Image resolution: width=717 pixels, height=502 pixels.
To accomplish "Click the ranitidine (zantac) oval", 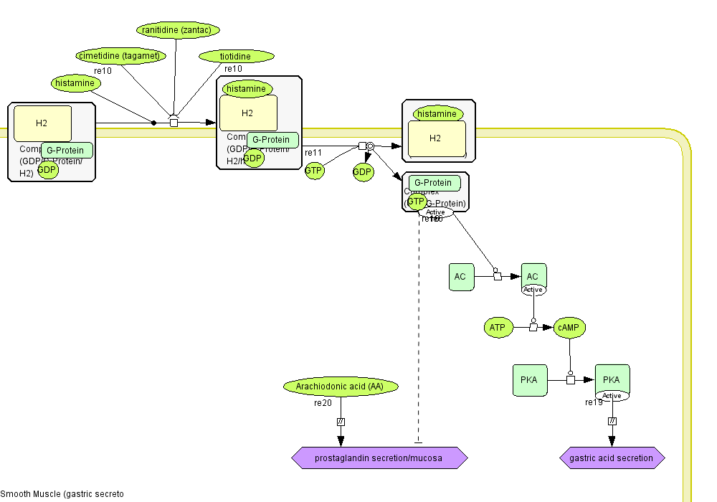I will coord(178,30).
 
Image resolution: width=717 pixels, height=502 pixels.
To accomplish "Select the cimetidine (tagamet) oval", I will coord(121,56).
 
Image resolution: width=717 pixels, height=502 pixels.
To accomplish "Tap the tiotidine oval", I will coord(236,57).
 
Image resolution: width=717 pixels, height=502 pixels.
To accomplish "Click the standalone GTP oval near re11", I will coord(314,171).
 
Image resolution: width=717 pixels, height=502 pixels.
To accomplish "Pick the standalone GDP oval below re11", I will coord(363,172).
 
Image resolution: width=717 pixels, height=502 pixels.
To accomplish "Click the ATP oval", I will coord(497,328).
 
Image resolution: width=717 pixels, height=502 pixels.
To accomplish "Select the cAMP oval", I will coord(570,328).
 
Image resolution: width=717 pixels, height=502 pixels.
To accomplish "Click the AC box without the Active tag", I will coord(461,277).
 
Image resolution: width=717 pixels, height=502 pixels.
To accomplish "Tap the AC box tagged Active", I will coord(533,276).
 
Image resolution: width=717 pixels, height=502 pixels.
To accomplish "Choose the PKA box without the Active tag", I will coord(530,379).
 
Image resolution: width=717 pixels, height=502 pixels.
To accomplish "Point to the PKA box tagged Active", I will coord(612,379).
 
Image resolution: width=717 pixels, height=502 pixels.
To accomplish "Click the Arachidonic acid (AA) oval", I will coord(341,387).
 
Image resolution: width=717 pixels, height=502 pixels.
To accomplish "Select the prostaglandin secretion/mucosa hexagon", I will coord(379,458).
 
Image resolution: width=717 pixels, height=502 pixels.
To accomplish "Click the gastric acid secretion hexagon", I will coord(612,458).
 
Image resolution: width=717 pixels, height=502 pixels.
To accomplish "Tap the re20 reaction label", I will coord(323,403).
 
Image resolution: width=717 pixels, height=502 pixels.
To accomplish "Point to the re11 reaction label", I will coord(313,153).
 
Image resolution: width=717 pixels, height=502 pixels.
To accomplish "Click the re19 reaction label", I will coord(594,402).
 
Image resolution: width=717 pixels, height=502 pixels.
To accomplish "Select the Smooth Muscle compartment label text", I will coord(62,494).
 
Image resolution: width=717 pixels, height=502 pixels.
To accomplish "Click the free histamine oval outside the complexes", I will coord(75,83).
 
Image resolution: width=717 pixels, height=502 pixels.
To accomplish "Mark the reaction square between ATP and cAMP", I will coord(533,328).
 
